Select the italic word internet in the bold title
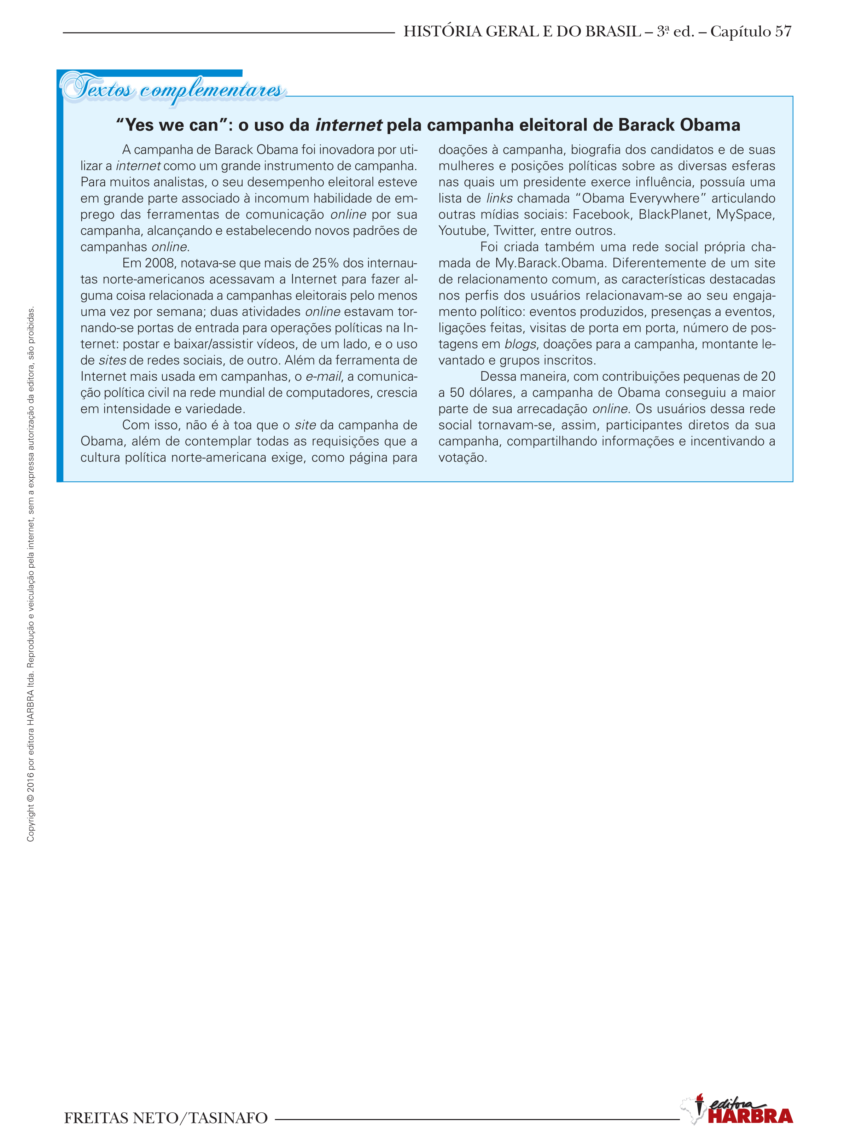pos(348,125)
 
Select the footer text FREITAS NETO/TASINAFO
pos(166,1118)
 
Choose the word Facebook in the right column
pos(601,215)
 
